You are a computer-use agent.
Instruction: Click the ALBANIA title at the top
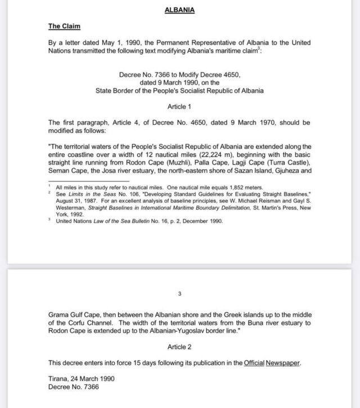click(x=179, y=10)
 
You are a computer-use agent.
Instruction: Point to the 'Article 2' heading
click(x=179, y=347)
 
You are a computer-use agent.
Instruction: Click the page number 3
click(x=179, y=293)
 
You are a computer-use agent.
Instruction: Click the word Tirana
click(x=59, y=379)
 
